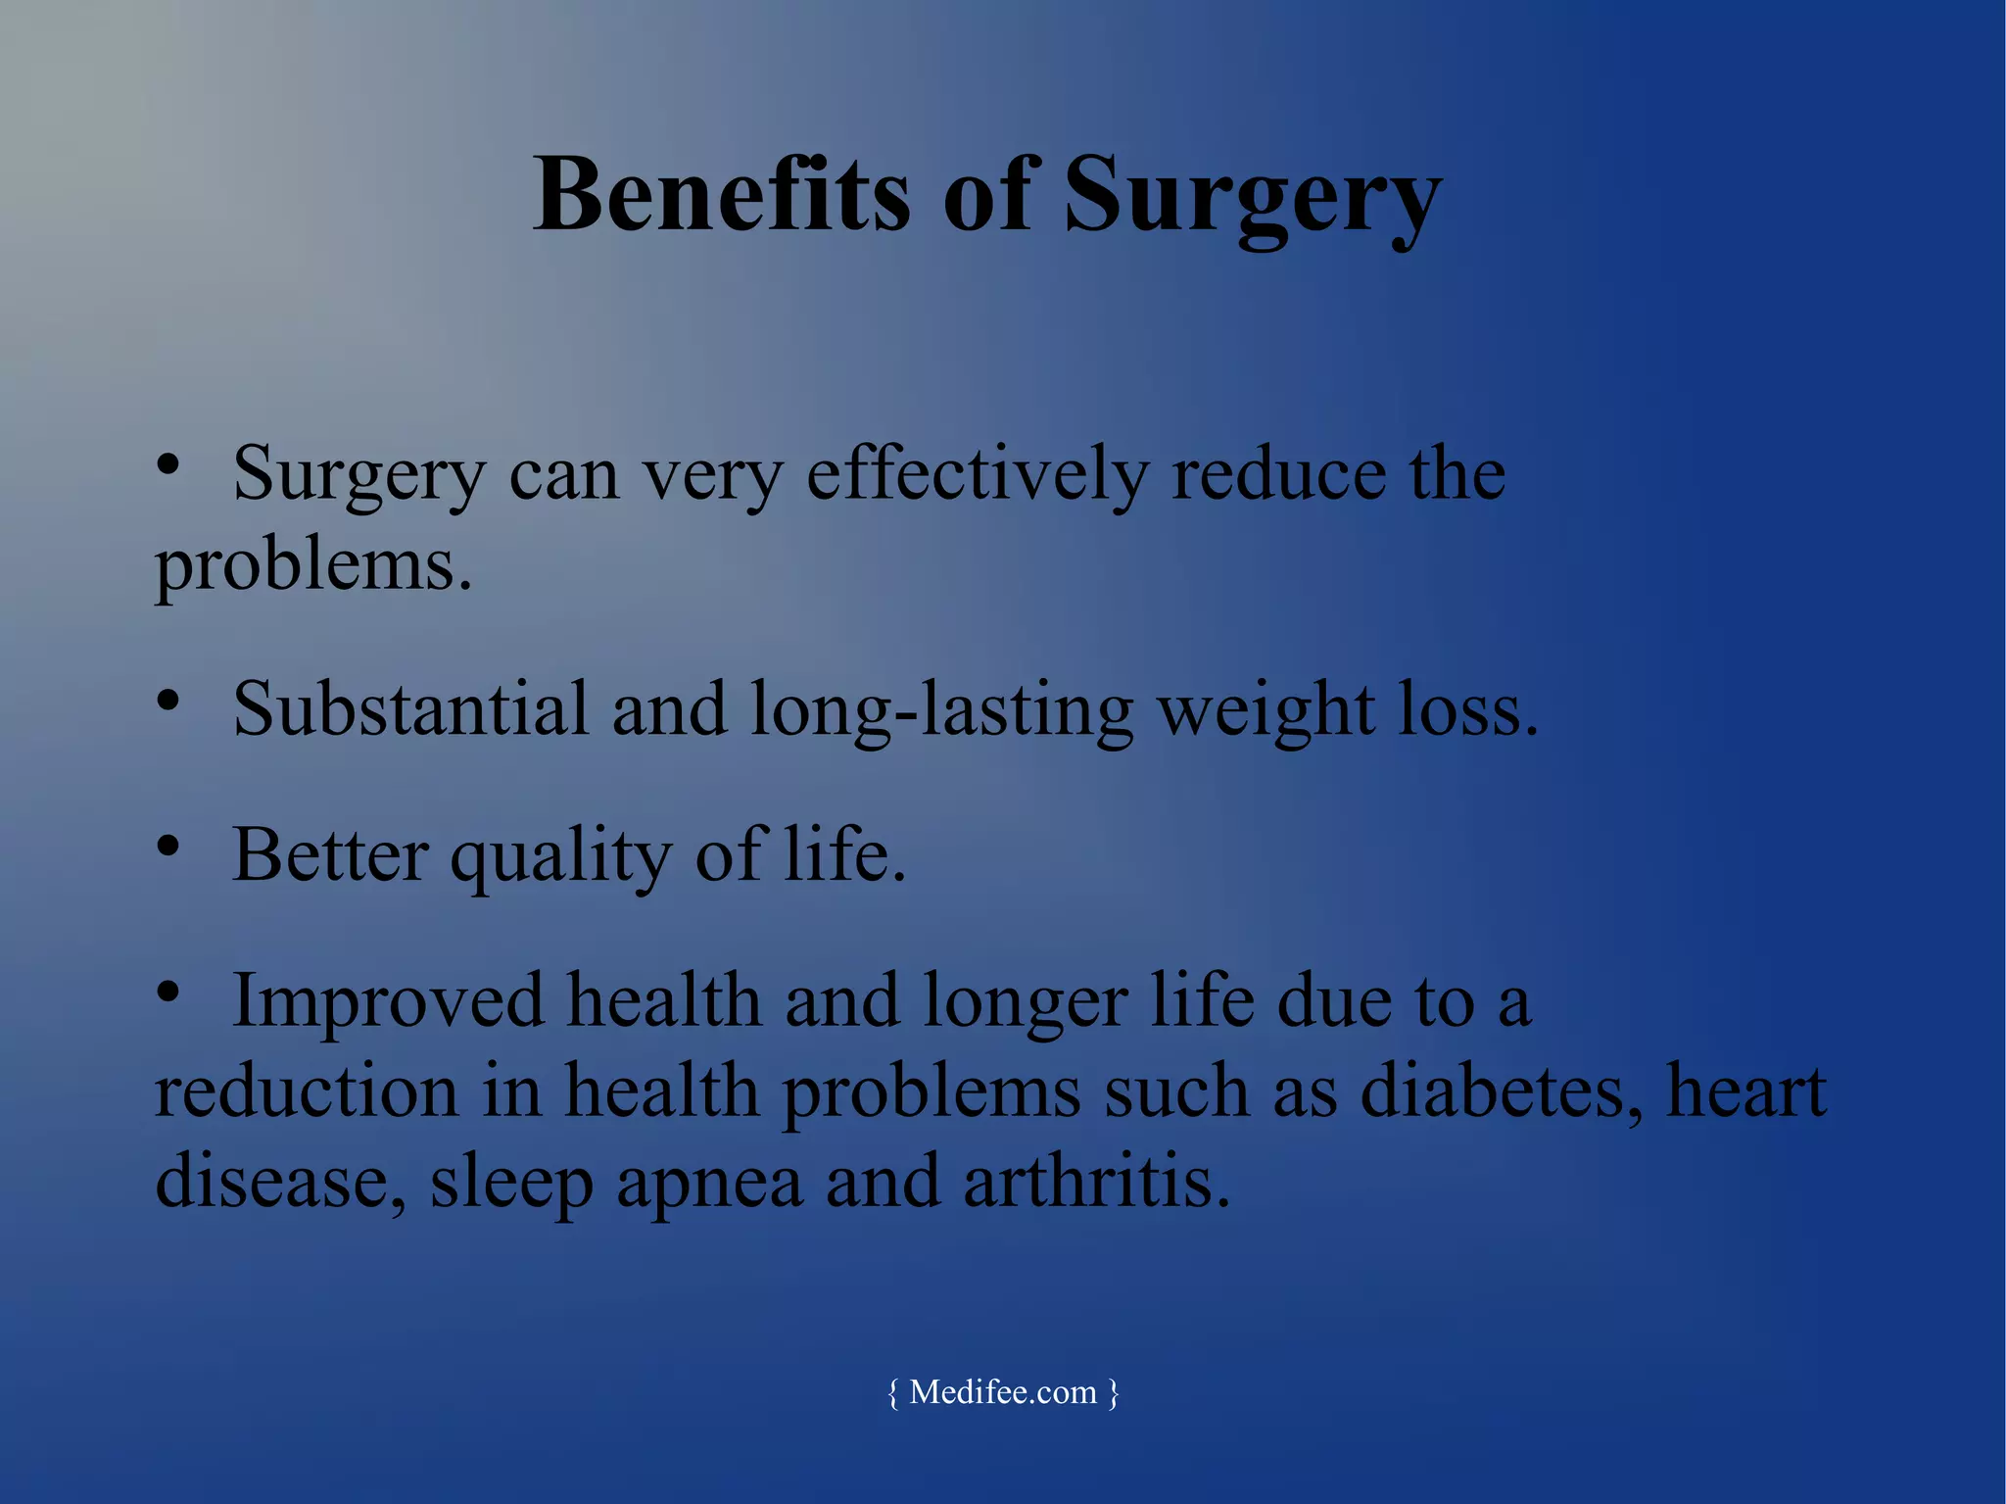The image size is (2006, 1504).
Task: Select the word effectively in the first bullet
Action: click(976, 475)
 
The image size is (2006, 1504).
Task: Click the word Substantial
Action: click(410, 709)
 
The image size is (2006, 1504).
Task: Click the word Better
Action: click(330, 855)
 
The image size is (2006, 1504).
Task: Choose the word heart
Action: click(1746, 1092)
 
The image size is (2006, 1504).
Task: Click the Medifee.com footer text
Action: click(1003, 1392)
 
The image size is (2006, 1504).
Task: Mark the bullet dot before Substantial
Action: click(168, 701)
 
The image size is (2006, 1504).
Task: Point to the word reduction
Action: click(307, 1092)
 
